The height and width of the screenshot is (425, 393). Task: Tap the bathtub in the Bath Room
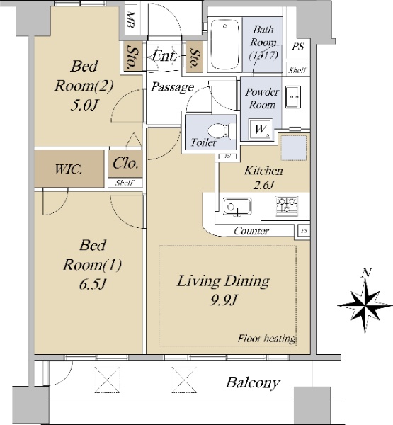tap(224, 44)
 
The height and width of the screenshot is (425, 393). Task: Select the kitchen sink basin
tap(237, 207)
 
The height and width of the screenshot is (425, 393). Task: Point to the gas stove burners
tap(287, 205)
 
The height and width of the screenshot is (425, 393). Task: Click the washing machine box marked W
tap(261, 130)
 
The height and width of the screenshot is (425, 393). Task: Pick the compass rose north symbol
tap(365, 302)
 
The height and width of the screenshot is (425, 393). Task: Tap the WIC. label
tap(68, 169)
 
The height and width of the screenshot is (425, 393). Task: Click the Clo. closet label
tap(125, 164)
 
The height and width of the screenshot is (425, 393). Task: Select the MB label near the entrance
tap(130, 20)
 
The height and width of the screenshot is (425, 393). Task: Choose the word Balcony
tap(253, 382)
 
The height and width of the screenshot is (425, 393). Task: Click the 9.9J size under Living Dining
tap(223, 300)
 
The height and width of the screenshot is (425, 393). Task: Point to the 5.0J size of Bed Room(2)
tap(84, 105)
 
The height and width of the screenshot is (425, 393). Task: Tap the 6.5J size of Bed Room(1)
tap(93, 284)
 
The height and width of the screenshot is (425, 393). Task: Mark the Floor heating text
tap(266, 339)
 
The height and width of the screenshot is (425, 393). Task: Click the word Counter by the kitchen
tap(251, 231)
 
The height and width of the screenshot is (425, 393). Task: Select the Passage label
tap(172, 87)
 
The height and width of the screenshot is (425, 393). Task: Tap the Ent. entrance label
tap(165, 57)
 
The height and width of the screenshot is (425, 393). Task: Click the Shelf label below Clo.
tap(125, 183)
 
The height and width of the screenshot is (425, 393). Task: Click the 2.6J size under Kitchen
tap(263, 185)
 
